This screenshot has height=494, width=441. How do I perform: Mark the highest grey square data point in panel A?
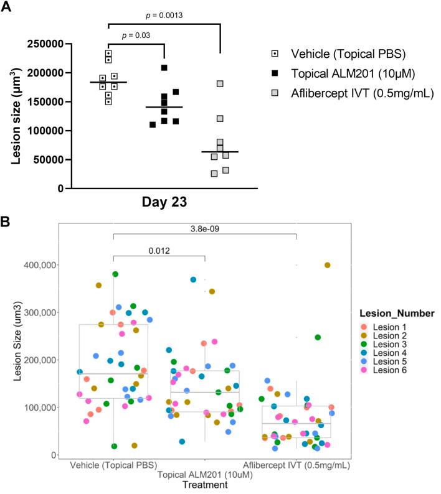pos(220,84)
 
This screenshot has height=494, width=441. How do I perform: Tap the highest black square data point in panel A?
pos(164,68)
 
